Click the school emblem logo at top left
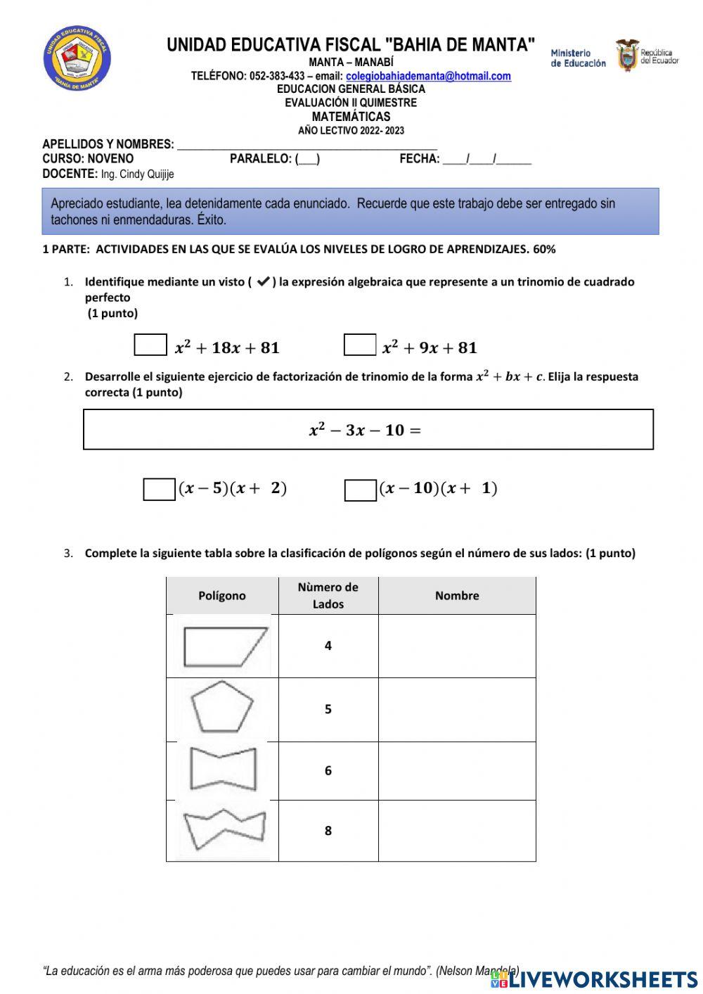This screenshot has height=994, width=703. [x=77, y=59]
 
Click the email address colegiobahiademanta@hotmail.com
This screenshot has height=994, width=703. [x=428, y=76]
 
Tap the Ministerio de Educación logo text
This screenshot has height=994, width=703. [x=577, y=58]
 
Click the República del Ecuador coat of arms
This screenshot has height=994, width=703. [x=626, y=55]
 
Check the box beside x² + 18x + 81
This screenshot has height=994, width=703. [x=150, y=345]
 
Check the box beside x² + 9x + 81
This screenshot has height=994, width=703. [x=360, y=345]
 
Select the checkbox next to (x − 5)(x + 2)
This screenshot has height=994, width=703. [x=159, y=489]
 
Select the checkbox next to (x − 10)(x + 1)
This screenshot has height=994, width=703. [x=360, y=490]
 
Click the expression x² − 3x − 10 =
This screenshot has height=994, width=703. [x=365, y=430]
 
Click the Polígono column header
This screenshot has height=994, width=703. [x=222, y=596]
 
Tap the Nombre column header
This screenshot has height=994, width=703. [x=457, y=596]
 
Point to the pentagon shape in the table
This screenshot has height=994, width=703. [x=222, y=707]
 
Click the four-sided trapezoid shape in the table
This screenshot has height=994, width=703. [x=224, y=646]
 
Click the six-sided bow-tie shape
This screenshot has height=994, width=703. [x=223, y=770]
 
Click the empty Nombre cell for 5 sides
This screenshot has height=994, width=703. [x=457, y=709]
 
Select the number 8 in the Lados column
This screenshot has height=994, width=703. [x=328, y=831]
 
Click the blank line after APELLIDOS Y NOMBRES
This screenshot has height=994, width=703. [x=307, y=145]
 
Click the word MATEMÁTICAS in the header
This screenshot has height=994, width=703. [x=351, y=117]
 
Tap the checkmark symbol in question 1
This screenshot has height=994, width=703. [x=264, y=282]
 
